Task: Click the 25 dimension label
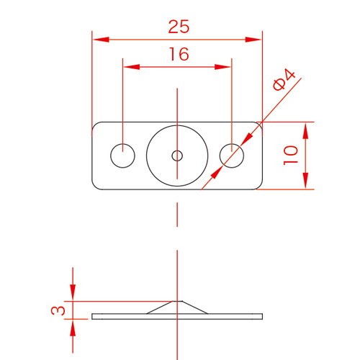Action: pyautogui.click(x=179, y=27)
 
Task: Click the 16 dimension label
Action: pyautogui.click(x=179, y=54)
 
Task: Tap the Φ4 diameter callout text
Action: pyautogui.click(x=284, y=80)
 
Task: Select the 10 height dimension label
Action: pyautogui.click(x=291, y=155)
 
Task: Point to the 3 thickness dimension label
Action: pyautogui.click(x=58, y=310)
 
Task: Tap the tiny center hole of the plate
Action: pyautogui.click(x=177, y=156)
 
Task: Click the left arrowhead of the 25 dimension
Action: pyautogui.click(x=101, y=40)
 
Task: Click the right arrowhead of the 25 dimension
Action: pyautogui.click(x=253, y=40)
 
